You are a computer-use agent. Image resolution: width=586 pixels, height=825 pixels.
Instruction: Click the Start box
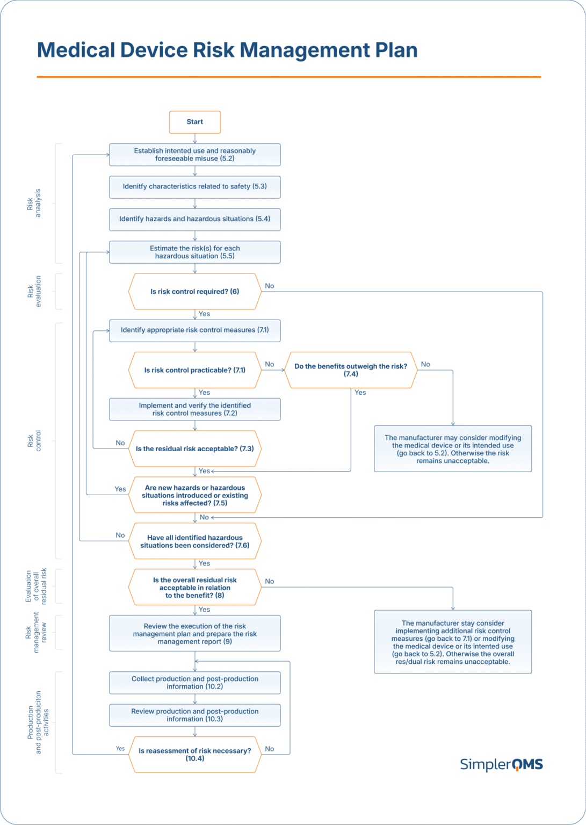(194, 122)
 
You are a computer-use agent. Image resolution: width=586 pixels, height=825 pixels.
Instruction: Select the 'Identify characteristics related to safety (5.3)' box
(194, 186)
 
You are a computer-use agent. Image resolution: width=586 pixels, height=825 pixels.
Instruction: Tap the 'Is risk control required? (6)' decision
(194, 292)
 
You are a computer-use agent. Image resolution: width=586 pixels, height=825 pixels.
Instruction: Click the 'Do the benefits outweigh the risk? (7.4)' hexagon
(351, 370)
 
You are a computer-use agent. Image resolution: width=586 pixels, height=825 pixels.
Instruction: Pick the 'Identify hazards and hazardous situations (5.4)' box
(194, 219)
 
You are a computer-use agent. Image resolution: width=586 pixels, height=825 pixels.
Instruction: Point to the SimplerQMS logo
(501, 764)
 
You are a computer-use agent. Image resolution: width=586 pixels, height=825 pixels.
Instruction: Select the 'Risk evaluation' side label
(34, 292)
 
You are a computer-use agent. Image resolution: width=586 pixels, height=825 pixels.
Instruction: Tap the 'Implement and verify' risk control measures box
(194, 409)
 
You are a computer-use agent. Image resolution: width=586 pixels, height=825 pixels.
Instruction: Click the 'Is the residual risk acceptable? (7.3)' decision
(194, 448)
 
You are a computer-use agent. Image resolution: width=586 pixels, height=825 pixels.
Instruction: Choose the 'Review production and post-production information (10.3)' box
(194, 715)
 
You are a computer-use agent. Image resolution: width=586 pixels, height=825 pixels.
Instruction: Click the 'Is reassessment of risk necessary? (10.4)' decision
(194, 755)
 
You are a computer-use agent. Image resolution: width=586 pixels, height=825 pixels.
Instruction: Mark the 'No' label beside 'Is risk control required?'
(270, 286)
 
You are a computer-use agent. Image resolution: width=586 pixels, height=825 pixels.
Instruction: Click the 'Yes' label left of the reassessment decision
(120, 748)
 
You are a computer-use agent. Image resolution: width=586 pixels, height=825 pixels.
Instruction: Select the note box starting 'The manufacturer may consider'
(453, 449)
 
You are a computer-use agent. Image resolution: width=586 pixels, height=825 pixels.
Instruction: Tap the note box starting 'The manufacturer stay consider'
(453, 642)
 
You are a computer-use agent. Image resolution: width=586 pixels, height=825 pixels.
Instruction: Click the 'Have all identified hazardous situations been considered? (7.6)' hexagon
(194, 541)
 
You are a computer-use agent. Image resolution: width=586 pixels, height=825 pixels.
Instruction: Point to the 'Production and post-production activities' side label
(38, 722)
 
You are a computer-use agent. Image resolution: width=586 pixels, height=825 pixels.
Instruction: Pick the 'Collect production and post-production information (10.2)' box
(194, 683)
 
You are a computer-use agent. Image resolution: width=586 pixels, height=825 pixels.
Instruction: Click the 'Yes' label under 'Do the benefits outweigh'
(360, 393)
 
